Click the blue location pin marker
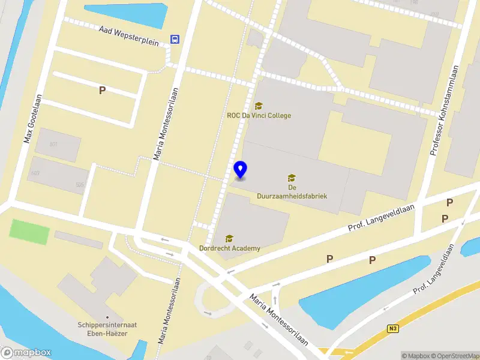tap(241, 170)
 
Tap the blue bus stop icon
tap(175, 39)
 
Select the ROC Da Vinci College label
tap(259, 115)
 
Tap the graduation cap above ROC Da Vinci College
tap(259, 106)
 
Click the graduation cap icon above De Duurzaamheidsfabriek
tap(292, 178)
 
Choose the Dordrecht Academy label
tap(230, 248)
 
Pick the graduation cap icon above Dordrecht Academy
tap(229, 239)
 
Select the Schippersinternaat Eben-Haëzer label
tap(107, 329)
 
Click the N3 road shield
tap(393, 328)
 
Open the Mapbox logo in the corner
tap(26, 353)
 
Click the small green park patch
tap(30, 232)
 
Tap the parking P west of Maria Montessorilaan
tap(102, 91)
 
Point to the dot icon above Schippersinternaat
tap(107, 317)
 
